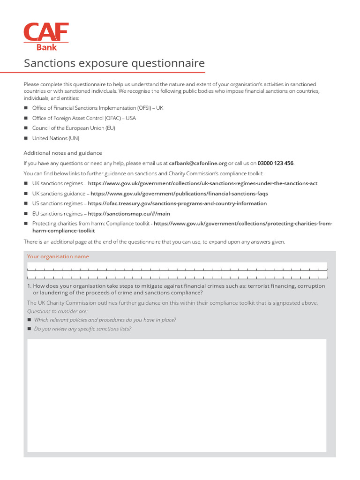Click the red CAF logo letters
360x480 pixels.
(46, 32)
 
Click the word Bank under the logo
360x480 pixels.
(46, 47)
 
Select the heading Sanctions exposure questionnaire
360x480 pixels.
(114, 63)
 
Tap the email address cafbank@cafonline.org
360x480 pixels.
(198, 164)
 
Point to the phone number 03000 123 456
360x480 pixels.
(275, 164)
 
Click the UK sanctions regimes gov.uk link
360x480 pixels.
(202, 183)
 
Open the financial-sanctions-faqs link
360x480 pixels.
(179, 194)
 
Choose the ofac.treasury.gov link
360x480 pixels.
(177, 203)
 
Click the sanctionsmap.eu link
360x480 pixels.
(129, 214)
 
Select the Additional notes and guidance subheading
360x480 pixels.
(63, 153)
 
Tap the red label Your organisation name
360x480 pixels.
(58, 256)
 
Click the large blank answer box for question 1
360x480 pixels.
(177, 395)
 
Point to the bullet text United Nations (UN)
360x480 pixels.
(56, 138)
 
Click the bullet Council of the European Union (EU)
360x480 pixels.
(74, 128)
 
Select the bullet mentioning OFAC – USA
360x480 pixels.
(84, 118)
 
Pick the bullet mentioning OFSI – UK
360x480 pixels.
(97, 108)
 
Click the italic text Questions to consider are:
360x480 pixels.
(57, 311)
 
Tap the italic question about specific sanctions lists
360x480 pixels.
(82, 329)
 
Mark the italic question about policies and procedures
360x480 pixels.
(105, 320)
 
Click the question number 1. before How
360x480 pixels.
(29, 286)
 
